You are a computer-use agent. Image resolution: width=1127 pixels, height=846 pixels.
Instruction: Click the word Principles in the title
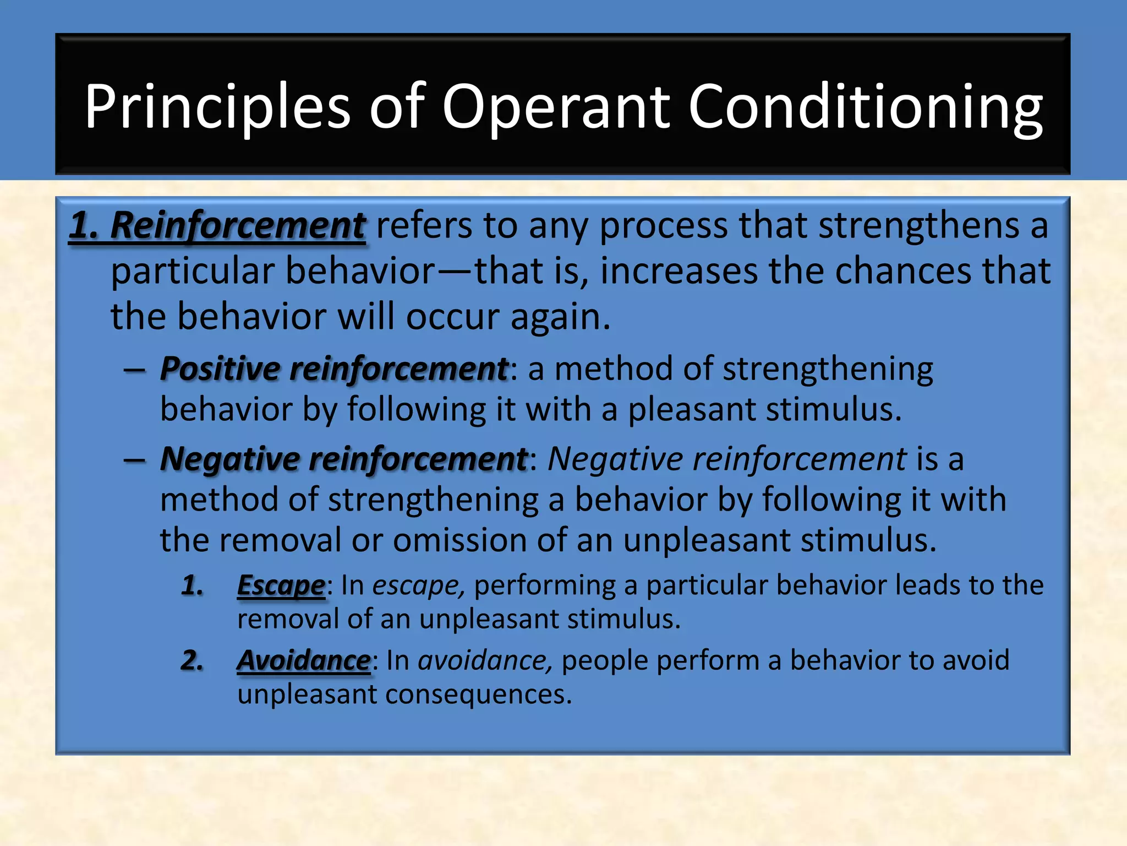point(217,107)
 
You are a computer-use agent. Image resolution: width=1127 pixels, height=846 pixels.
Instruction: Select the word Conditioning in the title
point(865,107)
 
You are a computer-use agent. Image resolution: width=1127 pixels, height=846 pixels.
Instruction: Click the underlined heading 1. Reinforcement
point(217,226)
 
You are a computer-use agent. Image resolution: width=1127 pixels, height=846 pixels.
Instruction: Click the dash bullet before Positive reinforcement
point(134,370)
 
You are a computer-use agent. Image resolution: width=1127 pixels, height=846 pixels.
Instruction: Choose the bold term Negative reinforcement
point(344,459)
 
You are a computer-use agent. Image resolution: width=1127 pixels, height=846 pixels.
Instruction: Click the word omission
point(459,540)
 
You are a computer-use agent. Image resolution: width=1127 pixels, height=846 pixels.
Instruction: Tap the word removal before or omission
point(280,540)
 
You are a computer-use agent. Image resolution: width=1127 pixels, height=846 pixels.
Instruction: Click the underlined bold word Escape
point(281,585)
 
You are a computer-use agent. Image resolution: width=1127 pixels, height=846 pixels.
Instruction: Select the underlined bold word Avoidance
point(304,660)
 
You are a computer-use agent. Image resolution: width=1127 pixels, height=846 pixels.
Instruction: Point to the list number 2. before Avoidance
point(192,660)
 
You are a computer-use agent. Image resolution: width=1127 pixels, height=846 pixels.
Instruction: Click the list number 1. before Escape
point(192,585)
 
